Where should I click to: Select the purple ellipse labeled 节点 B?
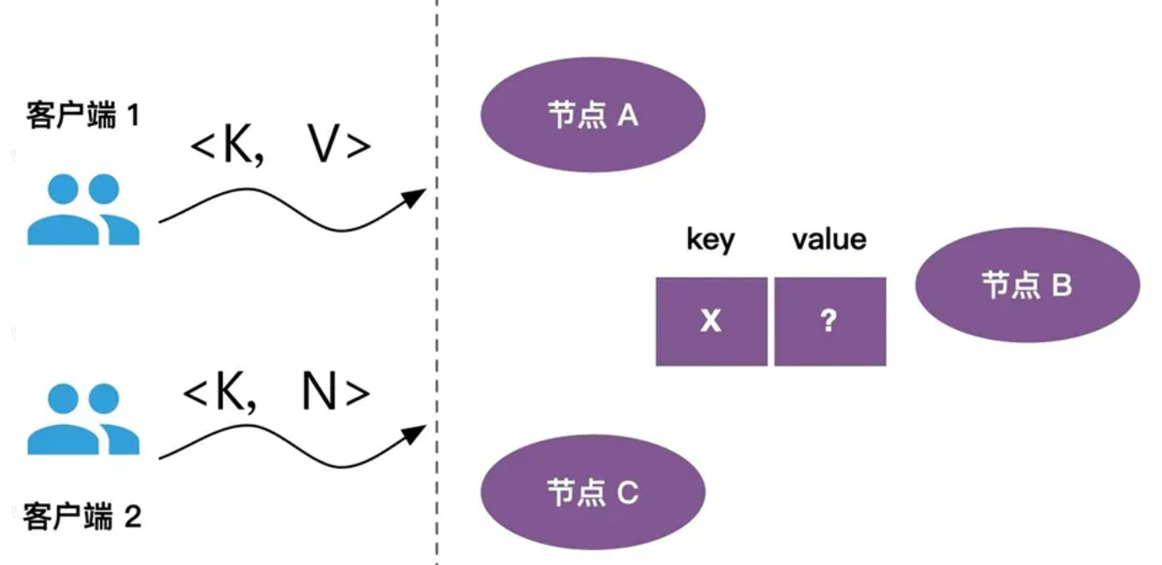pyautogui.click(x=1027, y=285)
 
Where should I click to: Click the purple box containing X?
pyautogui.click(x=711, y=322)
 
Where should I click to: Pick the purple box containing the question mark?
pyautogui.click(x=829, y=322)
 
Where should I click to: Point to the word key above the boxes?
pyautogui.click(x=710, y=240)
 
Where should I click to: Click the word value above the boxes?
pyautogui.click(x=828, y=240)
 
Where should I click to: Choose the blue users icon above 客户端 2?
pyautogui.click(x=83, y=419)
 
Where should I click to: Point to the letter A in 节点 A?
pyautogui.click(x=626, y=115)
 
